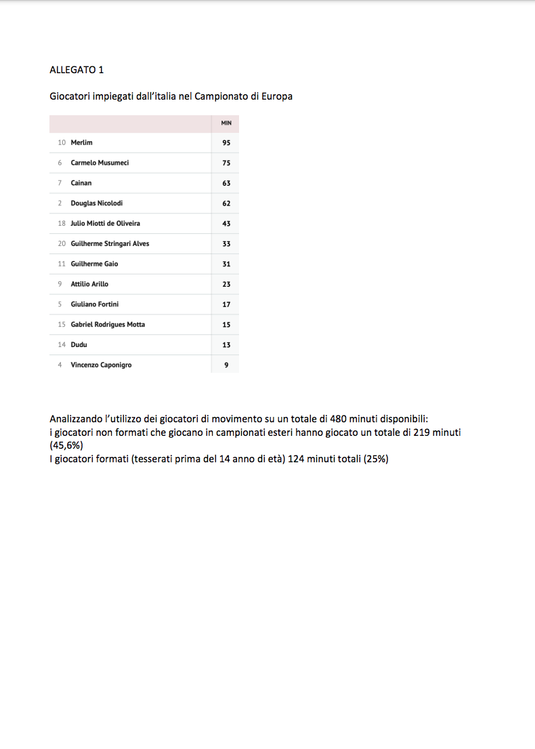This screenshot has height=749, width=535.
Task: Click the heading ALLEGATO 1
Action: (x=77, y=70)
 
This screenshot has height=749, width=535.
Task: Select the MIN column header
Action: (x=226, y=123)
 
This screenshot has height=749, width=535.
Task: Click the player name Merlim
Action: (x=81, y=143)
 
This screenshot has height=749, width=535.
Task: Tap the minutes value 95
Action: (x=226, y=143)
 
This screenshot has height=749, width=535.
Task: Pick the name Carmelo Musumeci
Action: (x=100, y=163)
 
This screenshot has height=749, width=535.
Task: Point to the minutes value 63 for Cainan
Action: (x=226, y=184)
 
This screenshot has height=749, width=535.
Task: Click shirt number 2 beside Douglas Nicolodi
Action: (x=60, y=203)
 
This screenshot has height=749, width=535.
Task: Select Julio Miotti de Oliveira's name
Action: (x=106, y=224)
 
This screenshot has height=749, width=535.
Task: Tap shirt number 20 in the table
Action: (x=62, y=243)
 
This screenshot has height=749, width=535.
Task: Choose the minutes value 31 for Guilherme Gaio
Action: (x=226, y=264)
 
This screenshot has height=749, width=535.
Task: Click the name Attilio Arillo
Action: (x=89, y=284)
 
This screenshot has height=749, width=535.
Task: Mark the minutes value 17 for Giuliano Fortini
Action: (x=226, y=305)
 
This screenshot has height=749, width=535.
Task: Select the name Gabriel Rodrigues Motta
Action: (x=108, y=325)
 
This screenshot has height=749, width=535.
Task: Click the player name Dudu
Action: (x=79, y=344)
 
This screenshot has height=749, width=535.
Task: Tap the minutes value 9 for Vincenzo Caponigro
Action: (x=226, y=365)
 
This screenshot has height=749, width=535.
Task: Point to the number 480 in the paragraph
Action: (x=339, y=419)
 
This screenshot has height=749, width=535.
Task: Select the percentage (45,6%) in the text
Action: (x=66, y=445)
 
